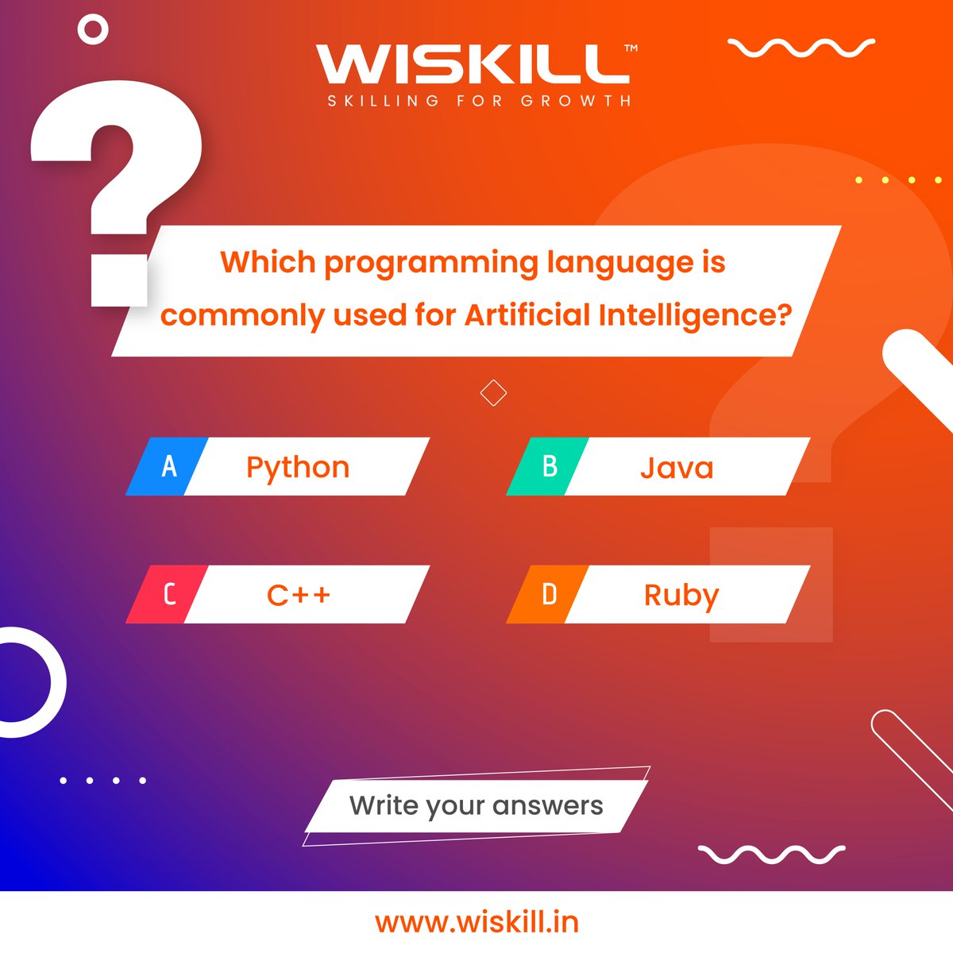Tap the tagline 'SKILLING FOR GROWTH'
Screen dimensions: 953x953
[480, 101]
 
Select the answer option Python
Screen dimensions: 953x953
[298, 467]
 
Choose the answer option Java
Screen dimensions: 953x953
[677, 467]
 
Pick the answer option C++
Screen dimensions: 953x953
[298, 595]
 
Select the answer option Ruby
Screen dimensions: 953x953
[681, 595]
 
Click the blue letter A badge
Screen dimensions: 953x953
[168, 466]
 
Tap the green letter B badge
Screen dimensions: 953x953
[548, 466]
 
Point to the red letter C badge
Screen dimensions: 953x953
[168, 594]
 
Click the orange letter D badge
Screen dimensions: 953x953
[548, 594]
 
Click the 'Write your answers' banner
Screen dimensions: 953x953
[476, 805]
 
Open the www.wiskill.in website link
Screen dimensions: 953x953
[476, 922]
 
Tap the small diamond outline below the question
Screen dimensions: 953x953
[493, 392]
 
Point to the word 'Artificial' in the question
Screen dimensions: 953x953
[527, 315]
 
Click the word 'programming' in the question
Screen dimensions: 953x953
[430, 262]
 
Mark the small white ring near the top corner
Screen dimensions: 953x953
[93, 30]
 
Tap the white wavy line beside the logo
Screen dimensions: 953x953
[801, 48]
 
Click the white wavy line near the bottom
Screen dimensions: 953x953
[770, 855]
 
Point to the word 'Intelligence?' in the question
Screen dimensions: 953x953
[695, 315]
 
